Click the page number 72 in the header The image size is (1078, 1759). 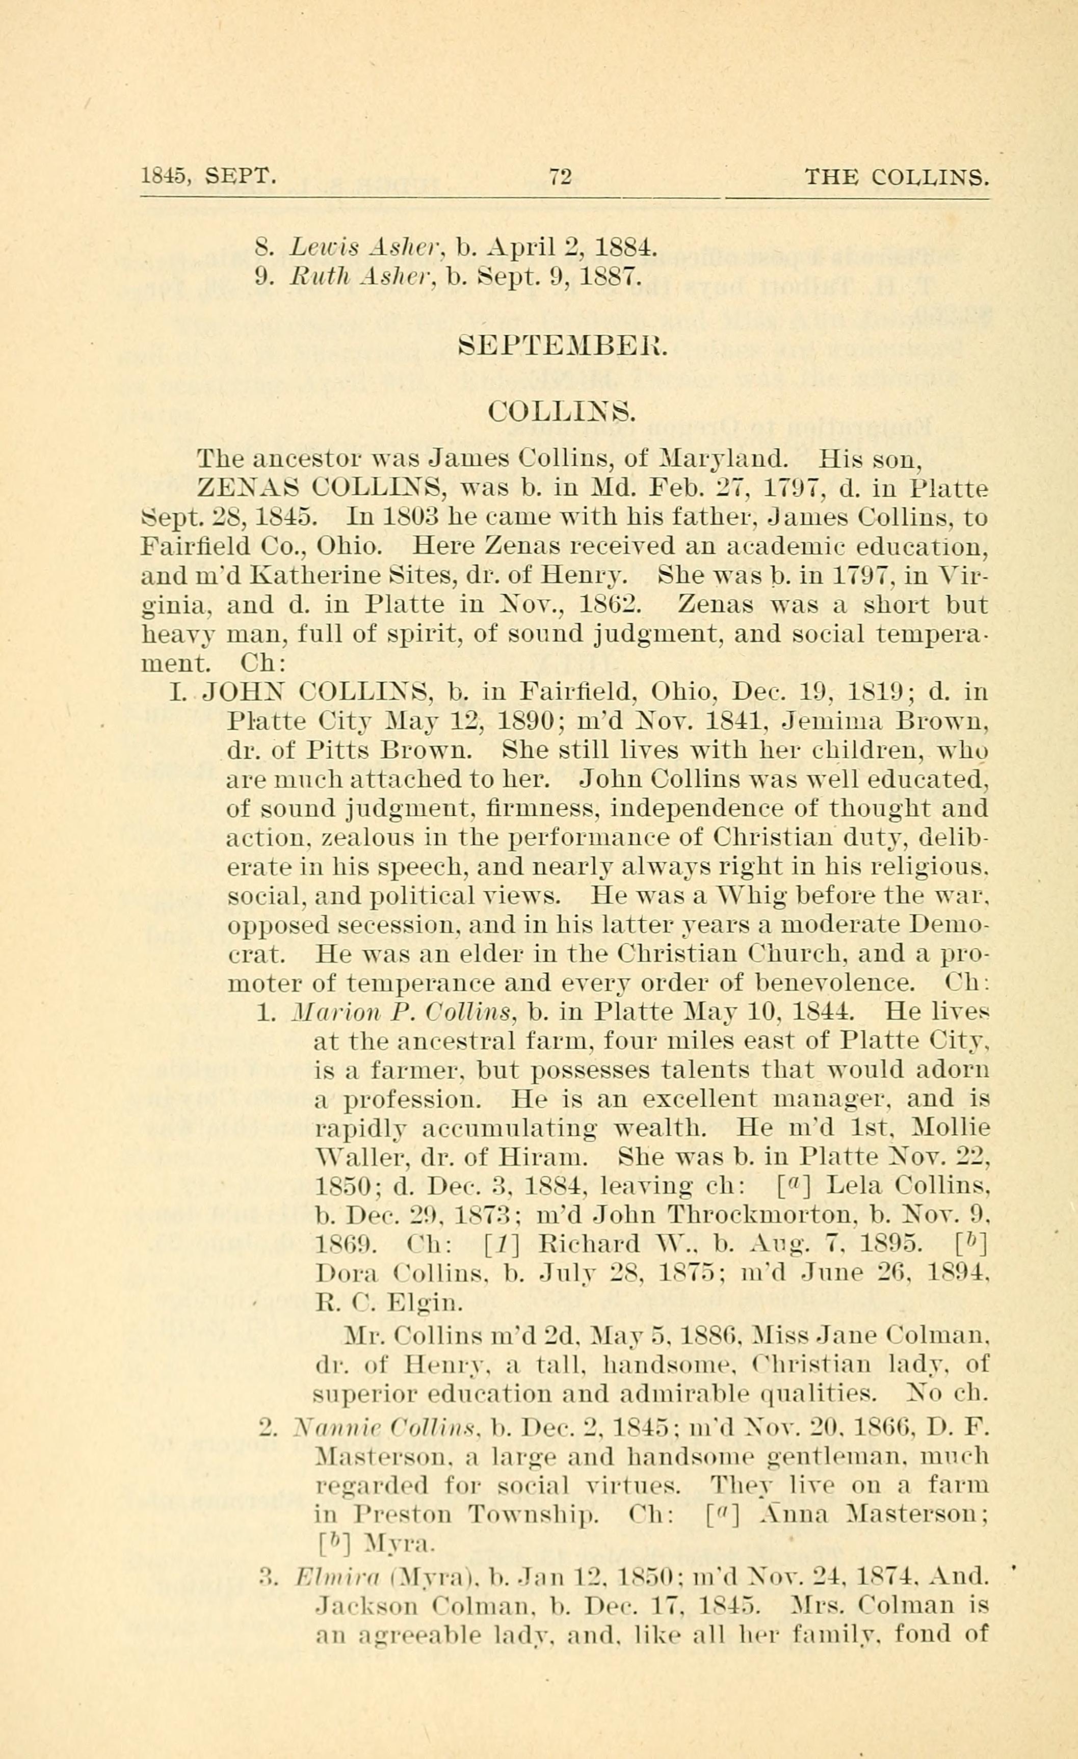561,176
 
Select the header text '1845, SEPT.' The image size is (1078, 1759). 208,176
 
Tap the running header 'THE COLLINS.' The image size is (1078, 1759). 897,176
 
